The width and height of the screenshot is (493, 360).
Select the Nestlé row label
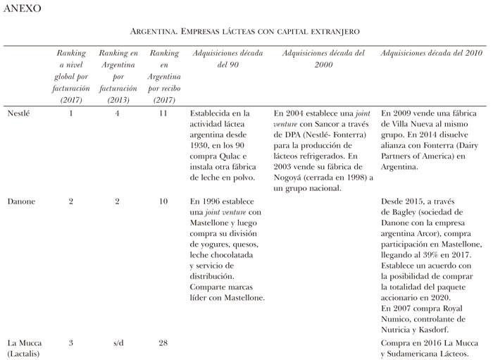[x=20, y=113]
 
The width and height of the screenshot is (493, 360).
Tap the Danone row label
[x=21, y=201]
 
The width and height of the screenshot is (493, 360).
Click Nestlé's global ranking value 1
[x=70, y=113]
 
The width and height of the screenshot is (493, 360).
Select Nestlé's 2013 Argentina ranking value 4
[x=118, y=113]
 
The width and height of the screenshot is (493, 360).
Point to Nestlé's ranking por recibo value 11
[x=163, y=113]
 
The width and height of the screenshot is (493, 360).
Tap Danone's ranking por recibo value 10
[x=163, y=201]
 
